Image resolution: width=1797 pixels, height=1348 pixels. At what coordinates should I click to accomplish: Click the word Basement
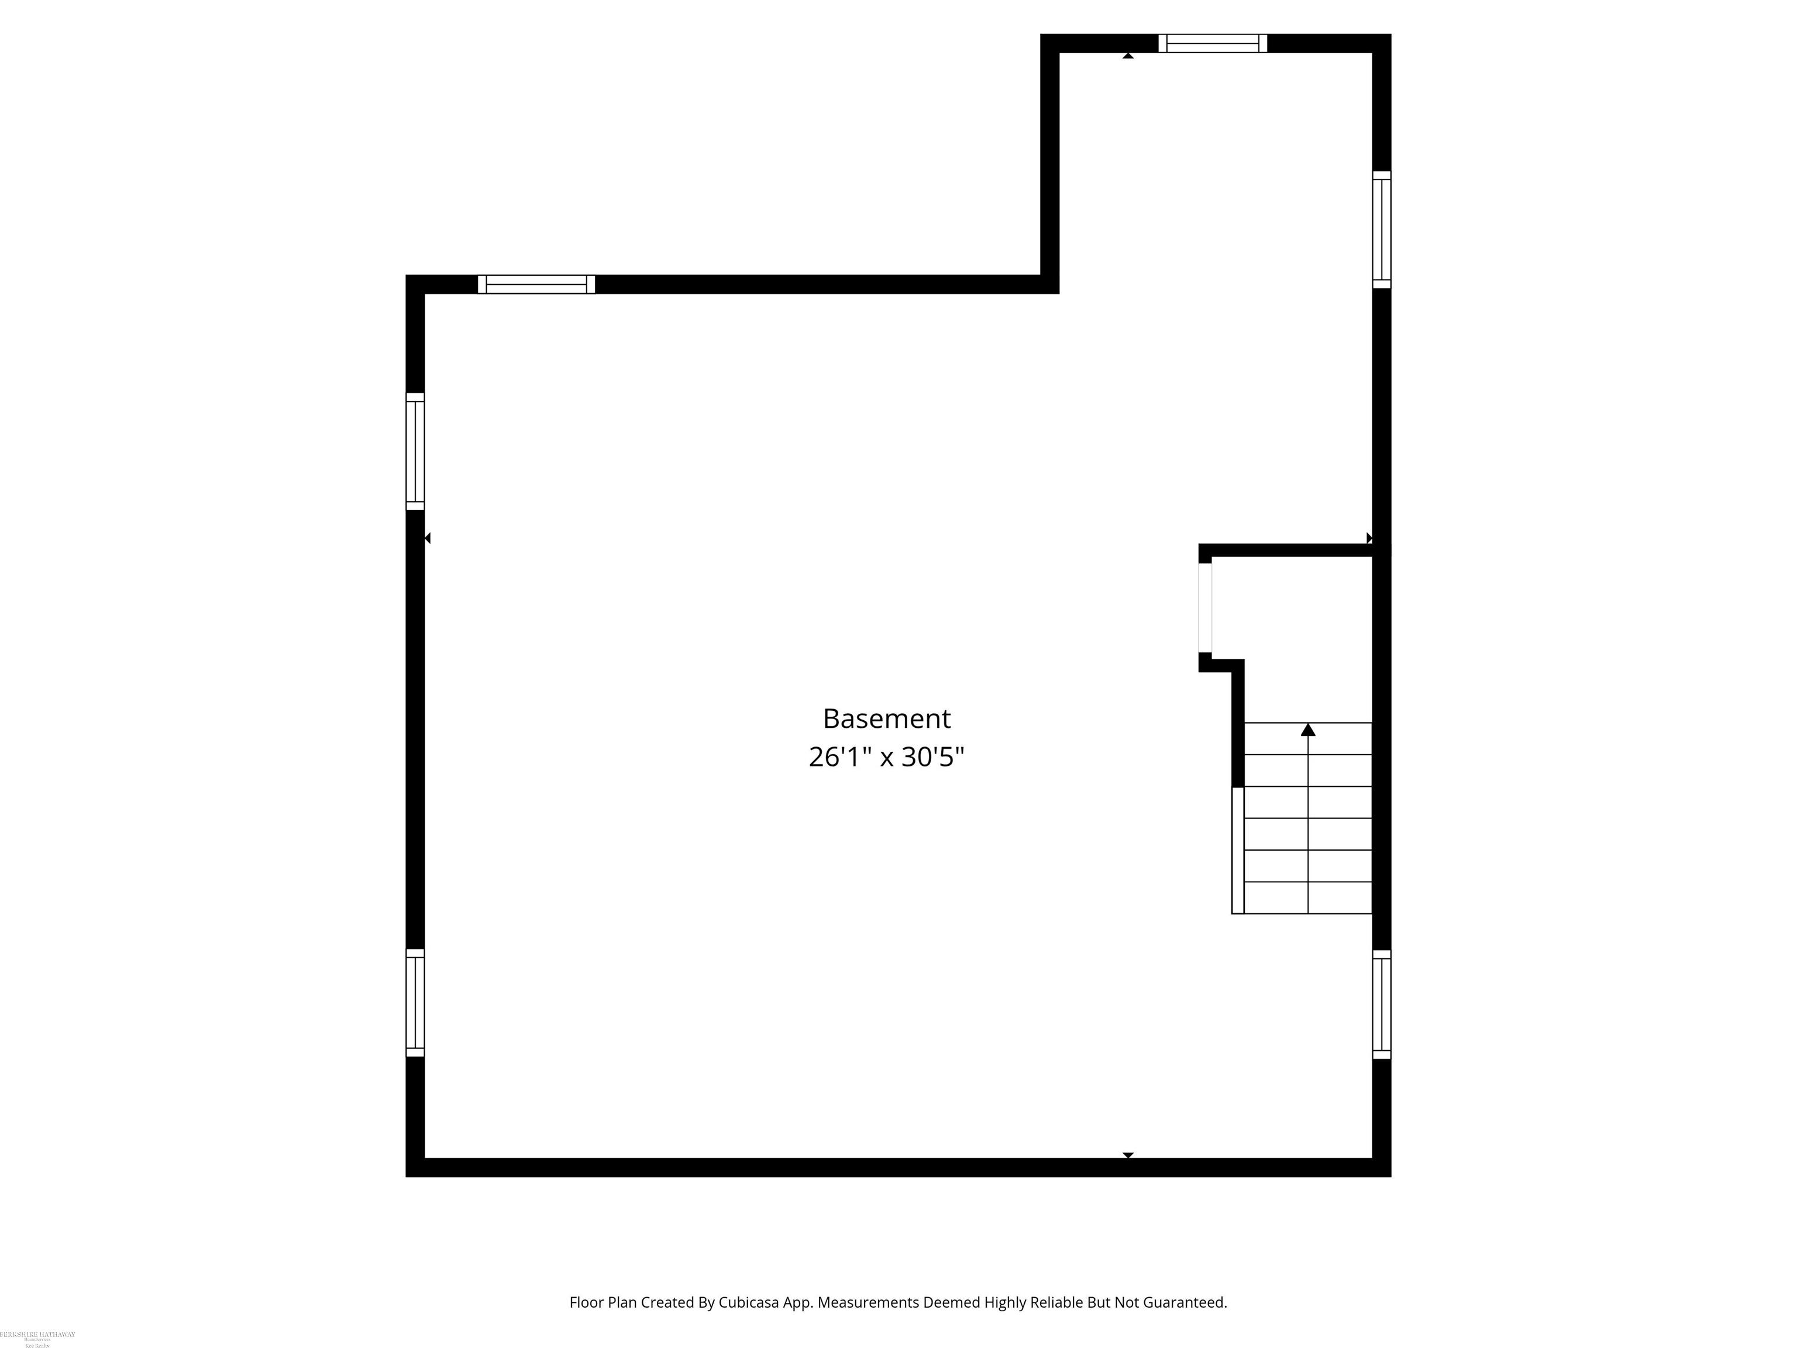[x=886, y=718]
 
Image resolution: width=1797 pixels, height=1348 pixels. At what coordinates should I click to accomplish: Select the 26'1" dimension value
[x=839, y=757]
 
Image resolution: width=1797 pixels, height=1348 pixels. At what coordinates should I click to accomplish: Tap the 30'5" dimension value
[x=934, y=757]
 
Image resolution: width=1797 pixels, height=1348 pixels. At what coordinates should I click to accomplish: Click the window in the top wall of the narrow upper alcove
[x=1212, y=43]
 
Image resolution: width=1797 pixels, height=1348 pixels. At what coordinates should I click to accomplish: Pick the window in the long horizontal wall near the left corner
[x=536, y=284]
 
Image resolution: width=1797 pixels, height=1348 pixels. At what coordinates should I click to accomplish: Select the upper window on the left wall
[x=415, y=452]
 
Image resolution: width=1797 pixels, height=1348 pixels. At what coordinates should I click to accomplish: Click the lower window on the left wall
[x=415, y=1003]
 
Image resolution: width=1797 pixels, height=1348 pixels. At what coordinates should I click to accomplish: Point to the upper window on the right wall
[x=1381, y=229]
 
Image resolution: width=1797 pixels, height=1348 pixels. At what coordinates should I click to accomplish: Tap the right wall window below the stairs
[x=1381, y=1005]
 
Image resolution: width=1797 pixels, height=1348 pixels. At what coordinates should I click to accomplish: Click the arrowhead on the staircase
[x=1308, y=730]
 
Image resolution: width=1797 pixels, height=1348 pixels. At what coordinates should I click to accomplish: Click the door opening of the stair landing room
[x=1205, y=608]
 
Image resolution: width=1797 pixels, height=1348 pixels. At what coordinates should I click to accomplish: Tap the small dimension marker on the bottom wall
[x=1128, y=1154]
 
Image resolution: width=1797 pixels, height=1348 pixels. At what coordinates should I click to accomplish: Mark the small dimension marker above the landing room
[x=1369, y=538]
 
